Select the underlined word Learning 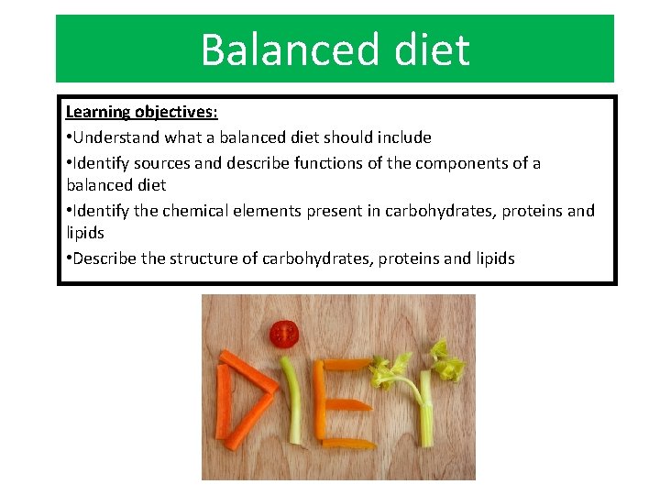tap(97, 112)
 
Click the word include tap(402, 137)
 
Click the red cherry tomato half tap(283, 334)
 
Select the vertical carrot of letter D tap(222, 401)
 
